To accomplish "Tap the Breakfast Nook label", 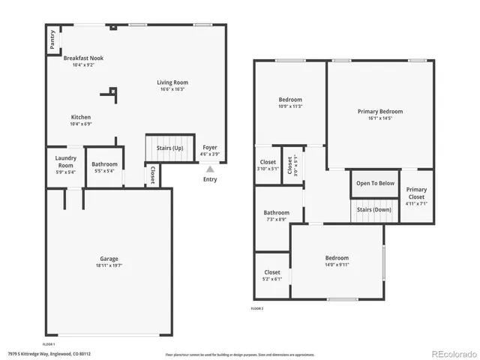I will coord(83,58).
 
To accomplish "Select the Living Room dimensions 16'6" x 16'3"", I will coord(172,89).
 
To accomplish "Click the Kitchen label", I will coord(81,117).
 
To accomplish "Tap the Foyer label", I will coord(210,148).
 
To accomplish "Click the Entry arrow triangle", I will coord(210,169).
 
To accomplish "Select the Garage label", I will coord(109,258).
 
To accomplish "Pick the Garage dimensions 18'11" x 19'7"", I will coord(109,265).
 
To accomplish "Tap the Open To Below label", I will coord(375,183).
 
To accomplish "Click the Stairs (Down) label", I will coord(374,209).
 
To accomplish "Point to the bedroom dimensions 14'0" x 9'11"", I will coord(336,265).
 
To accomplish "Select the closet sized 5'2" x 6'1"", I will coord(272,276).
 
